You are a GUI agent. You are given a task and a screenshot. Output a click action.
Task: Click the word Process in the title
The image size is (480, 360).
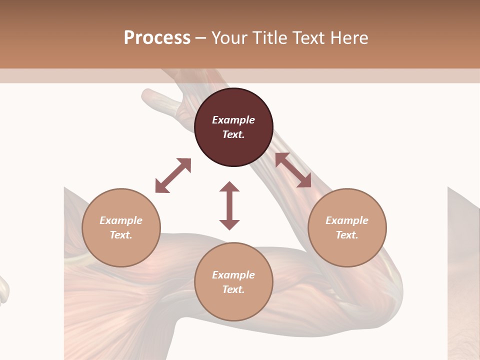157,38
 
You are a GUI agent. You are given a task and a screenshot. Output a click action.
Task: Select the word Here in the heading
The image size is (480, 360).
348,38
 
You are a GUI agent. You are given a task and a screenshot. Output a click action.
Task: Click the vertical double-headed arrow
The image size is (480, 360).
229,205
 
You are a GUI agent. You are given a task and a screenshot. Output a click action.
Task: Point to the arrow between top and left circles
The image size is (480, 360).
173,175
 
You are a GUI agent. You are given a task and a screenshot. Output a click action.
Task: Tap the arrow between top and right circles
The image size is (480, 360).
293,170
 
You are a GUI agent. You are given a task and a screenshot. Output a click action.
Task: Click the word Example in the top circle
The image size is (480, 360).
233,120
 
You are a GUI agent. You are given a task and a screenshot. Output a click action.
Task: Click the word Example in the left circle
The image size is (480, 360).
121,220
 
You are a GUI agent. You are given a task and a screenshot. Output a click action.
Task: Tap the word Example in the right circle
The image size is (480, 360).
347,220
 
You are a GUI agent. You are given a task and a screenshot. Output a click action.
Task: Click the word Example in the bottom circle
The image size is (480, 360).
233,275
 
